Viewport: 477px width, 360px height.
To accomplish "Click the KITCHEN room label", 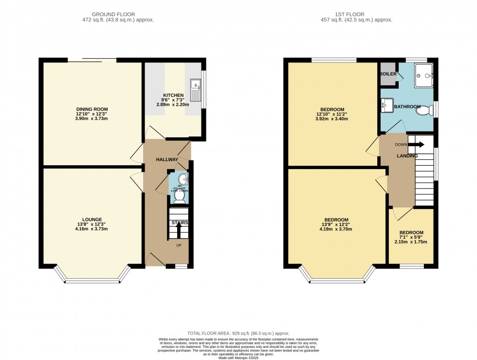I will pos(173,95).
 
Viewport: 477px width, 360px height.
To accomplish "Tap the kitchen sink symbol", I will pos(196,90).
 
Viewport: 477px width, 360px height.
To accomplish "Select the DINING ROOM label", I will pos(92,109).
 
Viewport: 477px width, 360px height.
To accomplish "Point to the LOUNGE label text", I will pos(92,219).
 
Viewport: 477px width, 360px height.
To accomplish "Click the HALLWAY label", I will pos(167,160).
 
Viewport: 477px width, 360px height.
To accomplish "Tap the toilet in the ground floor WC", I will pos(179,198).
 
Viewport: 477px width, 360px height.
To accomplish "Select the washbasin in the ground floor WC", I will pos(182,178).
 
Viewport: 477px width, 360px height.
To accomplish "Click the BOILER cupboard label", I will pos(388,74).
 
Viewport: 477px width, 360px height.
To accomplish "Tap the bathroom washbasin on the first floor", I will pos(388,104).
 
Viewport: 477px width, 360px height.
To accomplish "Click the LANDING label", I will pos(407,156).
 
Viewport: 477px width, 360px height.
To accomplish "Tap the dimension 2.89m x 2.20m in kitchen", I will pos(173,104).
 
